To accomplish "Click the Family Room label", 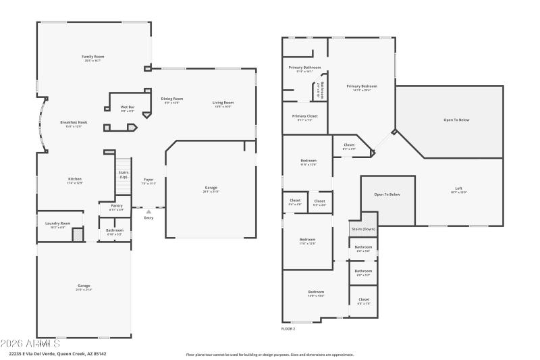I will click(93, 57).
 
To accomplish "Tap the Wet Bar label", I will click(127, 107).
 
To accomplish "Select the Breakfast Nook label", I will click(74, 122).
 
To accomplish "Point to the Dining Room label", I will click(172, 99).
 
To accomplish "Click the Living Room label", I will click(223, 103).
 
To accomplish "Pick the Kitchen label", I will click(74, 179).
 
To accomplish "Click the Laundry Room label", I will click(58, 224).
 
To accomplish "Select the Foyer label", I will click(148, 180).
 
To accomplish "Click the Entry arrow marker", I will click(148, 212).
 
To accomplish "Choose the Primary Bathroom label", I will click(304, 68).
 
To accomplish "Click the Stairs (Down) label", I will click(363, 229).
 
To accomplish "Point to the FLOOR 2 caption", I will click(288, 328).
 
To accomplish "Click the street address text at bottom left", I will click(57, 353).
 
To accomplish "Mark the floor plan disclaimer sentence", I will click(269, 354).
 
